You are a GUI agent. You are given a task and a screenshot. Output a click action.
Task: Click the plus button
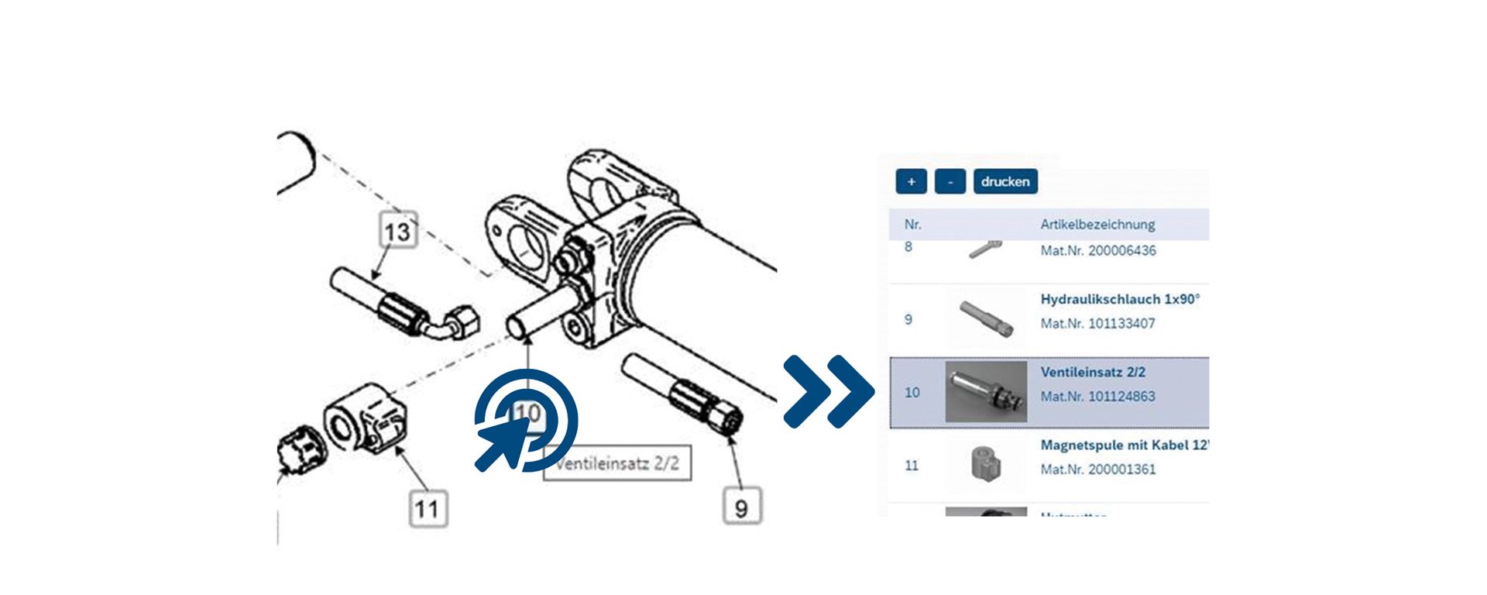911,181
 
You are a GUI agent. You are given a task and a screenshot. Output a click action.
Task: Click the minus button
950,181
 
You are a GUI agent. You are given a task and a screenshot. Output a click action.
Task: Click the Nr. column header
912,225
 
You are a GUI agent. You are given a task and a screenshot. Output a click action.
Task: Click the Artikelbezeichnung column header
1097,225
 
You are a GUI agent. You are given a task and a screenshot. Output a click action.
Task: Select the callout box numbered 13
398,231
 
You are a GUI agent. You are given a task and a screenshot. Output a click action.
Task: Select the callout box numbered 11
428,509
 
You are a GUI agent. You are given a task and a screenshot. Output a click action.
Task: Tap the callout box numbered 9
742,507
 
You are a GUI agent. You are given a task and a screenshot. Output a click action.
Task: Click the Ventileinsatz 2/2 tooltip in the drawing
617,463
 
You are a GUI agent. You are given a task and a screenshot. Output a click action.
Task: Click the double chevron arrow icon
828,392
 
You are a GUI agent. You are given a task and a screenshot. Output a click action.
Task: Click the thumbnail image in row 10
986,391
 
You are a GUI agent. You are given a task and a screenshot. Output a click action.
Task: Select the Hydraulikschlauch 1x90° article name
1119,299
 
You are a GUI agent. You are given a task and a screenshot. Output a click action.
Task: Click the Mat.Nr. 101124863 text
1097,397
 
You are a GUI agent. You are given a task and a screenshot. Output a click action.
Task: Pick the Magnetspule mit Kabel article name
1123,445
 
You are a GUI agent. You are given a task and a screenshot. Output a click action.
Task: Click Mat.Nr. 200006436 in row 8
1097,251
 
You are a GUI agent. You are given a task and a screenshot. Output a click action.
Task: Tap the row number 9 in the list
908,319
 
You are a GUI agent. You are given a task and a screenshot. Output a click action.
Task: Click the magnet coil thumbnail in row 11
986,463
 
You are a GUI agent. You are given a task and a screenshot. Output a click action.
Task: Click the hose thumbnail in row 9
986,318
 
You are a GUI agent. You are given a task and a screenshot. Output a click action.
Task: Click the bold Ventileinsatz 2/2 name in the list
1092,372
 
